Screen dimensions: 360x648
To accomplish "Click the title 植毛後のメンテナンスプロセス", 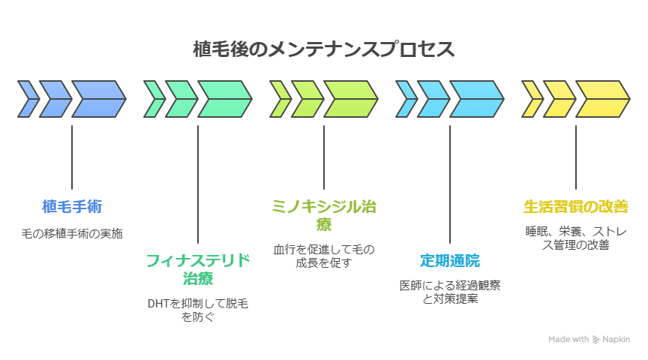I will [324, 49].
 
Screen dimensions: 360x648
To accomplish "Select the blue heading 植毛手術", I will [72, 206].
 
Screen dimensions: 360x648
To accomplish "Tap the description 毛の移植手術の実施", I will [72, 233].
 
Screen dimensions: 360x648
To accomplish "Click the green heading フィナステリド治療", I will [198, 269].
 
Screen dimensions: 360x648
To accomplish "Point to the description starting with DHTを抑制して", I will [198, 310].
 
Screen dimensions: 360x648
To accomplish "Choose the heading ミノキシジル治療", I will [324, 214].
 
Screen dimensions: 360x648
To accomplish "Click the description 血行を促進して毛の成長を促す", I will [324, 256].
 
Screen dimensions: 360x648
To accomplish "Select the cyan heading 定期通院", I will [450, 260].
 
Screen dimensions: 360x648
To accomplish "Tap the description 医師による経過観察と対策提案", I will [450, 292].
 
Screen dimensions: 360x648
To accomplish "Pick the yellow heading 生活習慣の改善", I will [576, 206].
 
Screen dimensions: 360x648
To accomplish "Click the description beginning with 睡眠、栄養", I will [576, 238].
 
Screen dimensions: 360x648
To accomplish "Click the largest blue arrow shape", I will [98, 100].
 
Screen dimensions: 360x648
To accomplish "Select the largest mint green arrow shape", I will [224, 100].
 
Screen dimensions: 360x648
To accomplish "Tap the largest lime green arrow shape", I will [350, 100].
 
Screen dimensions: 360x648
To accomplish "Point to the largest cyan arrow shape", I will [476, 100].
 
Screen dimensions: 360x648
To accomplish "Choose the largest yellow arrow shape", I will [602, 100].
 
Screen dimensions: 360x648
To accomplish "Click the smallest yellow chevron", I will [532, 100].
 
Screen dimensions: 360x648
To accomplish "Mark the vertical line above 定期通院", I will [450, 184].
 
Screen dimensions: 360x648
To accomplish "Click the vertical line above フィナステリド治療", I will [198, 184].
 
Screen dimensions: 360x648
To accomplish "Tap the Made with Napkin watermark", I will [589, 339].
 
